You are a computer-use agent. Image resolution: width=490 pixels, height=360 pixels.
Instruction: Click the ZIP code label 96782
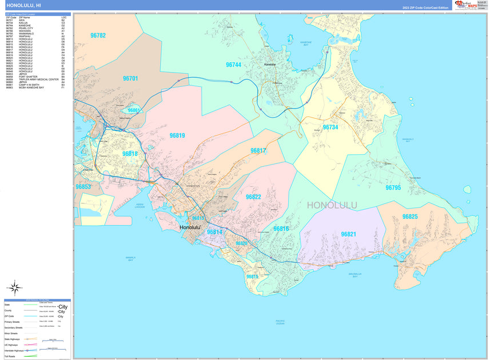(x=98, y=35)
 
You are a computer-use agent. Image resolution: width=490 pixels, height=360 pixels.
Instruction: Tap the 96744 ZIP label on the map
(x=233, y=65)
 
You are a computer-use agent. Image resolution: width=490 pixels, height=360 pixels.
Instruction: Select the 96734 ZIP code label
(x=330, y=127)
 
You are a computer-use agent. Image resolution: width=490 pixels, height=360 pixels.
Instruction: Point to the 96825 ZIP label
(x=410, y=217)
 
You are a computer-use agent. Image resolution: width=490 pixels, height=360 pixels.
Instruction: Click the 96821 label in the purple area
(x=348, y=234)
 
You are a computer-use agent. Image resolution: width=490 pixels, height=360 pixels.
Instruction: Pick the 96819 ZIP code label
(x=177, y=135)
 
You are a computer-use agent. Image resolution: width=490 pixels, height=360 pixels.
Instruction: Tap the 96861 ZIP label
(x=134, y=110)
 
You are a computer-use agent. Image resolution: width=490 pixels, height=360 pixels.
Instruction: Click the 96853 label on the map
(x=83, y=187)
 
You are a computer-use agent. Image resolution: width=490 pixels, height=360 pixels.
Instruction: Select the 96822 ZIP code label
(x=253, y=197)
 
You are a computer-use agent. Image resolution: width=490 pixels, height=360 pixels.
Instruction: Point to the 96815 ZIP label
(x=252, y=277)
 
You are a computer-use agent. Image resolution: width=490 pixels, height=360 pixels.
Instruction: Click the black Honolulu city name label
(x=190, y=227)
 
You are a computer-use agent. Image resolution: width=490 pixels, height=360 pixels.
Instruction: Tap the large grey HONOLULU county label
(x=332, y=205)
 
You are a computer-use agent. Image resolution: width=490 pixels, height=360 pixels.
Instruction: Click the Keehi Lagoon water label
(x=141, y=205)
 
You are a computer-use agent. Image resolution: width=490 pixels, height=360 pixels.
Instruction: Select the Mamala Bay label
(x=130, y=258)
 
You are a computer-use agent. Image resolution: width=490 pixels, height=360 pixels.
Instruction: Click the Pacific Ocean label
(x=280, y=322)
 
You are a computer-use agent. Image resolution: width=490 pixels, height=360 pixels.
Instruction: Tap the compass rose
(x=16, y=287)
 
